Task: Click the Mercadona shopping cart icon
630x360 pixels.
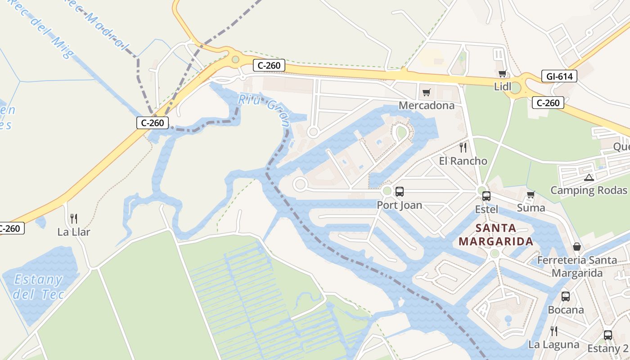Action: tap(426, 93)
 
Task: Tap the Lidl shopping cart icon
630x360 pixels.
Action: tap(502, 74)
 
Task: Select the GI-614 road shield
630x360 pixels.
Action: tap(559, 76)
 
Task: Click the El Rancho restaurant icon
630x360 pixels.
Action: tap(463, 148)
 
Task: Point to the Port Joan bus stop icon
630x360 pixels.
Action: tap(399, 192)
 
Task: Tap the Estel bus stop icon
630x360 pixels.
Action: tap(486, 196)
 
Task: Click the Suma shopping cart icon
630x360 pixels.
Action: tap(531, 195)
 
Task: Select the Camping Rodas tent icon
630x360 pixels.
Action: tap(589, 177)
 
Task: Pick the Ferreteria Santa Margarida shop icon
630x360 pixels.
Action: tap(576, 247)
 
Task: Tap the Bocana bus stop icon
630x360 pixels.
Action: tap(566, 297)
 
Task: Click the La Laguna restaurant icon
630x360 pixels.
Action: tap(554, 331)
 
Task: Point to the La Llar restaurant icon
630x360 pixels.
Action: tap(74, 219)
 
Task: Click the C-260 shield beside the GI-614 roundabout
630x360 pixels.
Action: tap(548, 103)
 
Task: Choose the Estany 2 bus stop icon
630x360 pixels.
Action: tap(607, 335)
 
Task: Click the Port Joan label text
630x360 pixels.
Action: tap(400, 205)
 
